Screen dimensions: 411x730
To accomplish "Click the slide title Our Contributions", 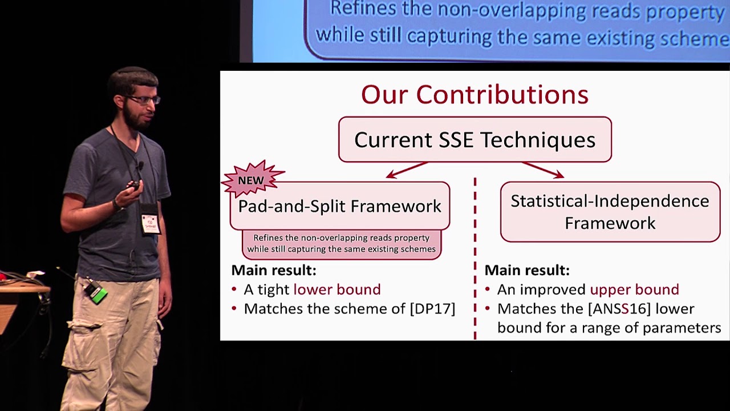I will [474, 95].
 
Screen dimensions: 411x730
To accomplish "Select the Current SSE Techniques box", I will [474, 140].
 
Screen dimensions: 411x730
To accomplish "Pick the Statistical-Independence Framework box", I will [610, 212].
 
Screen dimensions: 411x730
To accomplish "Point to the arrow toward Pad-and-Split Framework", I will [406, 170].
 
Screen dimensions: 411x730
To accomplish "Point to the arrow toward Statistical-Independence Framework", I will [543, 170].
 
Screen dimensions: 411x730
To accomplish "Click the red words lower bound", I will [336, 289].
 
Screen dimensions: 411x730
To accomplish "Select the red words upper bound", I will [634, 289].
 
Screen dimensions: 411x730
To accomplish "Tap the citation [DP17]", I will [432, 309].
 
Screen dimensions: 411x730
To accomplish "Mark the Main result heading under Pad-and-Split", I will [273, 270].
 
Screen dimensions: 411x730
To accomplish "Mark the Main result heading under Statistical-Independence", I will [526, 270].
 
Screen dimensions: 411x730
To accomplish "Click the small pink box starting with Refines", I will [341, 244].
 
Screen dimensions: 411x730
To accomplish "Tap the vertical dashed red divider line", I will [474, 257].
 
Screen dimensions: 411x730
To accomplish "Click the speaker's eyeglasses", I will [144, 100].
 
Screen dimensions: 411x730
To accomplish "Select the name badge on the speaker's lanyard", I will [150, 223].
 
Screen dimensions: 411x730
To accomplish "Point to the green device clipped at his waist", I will [96, 293].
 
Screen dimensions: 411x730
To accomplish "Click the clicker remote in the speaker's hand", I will [133, 186].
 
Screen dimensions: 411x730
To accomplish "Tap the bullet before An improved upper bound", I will [489, 290].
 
